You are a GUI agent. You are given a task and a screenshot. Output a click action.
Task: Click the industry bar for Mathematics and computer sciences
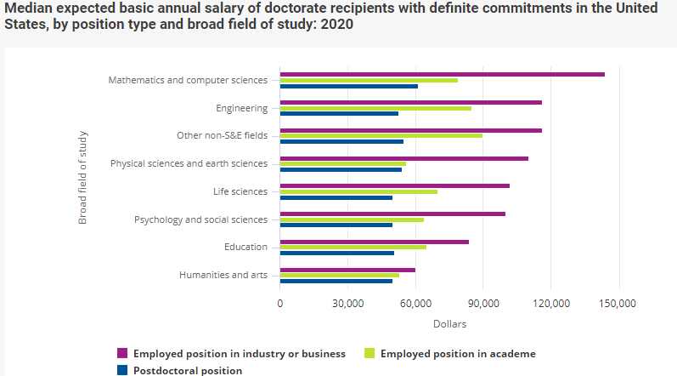(442, 75)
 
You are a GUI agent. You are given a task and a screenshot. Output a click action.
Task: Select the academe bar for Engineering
(375, 108)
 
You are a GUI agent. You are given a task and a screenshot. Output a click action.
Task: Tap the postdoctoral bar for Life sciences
(336, 197)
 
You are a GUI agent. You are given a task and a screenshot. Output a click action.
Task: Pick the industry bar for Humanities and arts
(347, 270)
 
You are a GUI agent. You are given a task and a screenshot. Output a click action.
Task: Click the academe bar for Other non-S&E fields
(381, 136)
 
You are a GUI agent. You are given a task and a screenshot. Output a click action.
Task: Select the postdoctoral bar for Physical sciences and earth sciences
(341, 169)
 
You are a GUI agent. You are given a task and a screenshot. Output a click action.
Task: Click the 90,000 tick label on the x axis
(482, 304)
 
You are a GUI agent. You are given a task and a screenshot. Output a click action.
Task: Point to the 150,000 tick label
(618, 304)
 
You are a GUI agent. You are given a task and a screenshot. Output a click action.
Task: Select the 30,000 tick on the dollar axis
(347, 304)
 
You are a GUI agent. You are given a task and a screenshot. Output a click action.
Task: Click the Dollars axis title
(449, 324)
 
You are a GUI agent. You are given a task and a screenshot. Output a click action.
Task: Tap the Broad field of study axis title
(83, 177)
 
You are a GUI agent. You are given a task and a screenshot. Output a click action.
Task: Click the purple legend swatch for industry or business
(122, 353)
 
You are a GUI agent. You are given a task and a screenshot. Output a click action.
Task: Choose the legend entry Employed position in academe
(458, 353)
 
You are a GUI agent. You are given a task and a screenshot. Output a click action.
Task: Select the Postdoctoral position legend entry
(188, 370)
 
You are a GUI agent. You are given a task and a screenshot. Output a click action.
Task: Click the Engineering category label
(242, 108)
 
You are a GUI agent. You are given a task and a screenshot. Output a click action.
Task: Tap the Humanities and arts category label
(223, 275)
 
